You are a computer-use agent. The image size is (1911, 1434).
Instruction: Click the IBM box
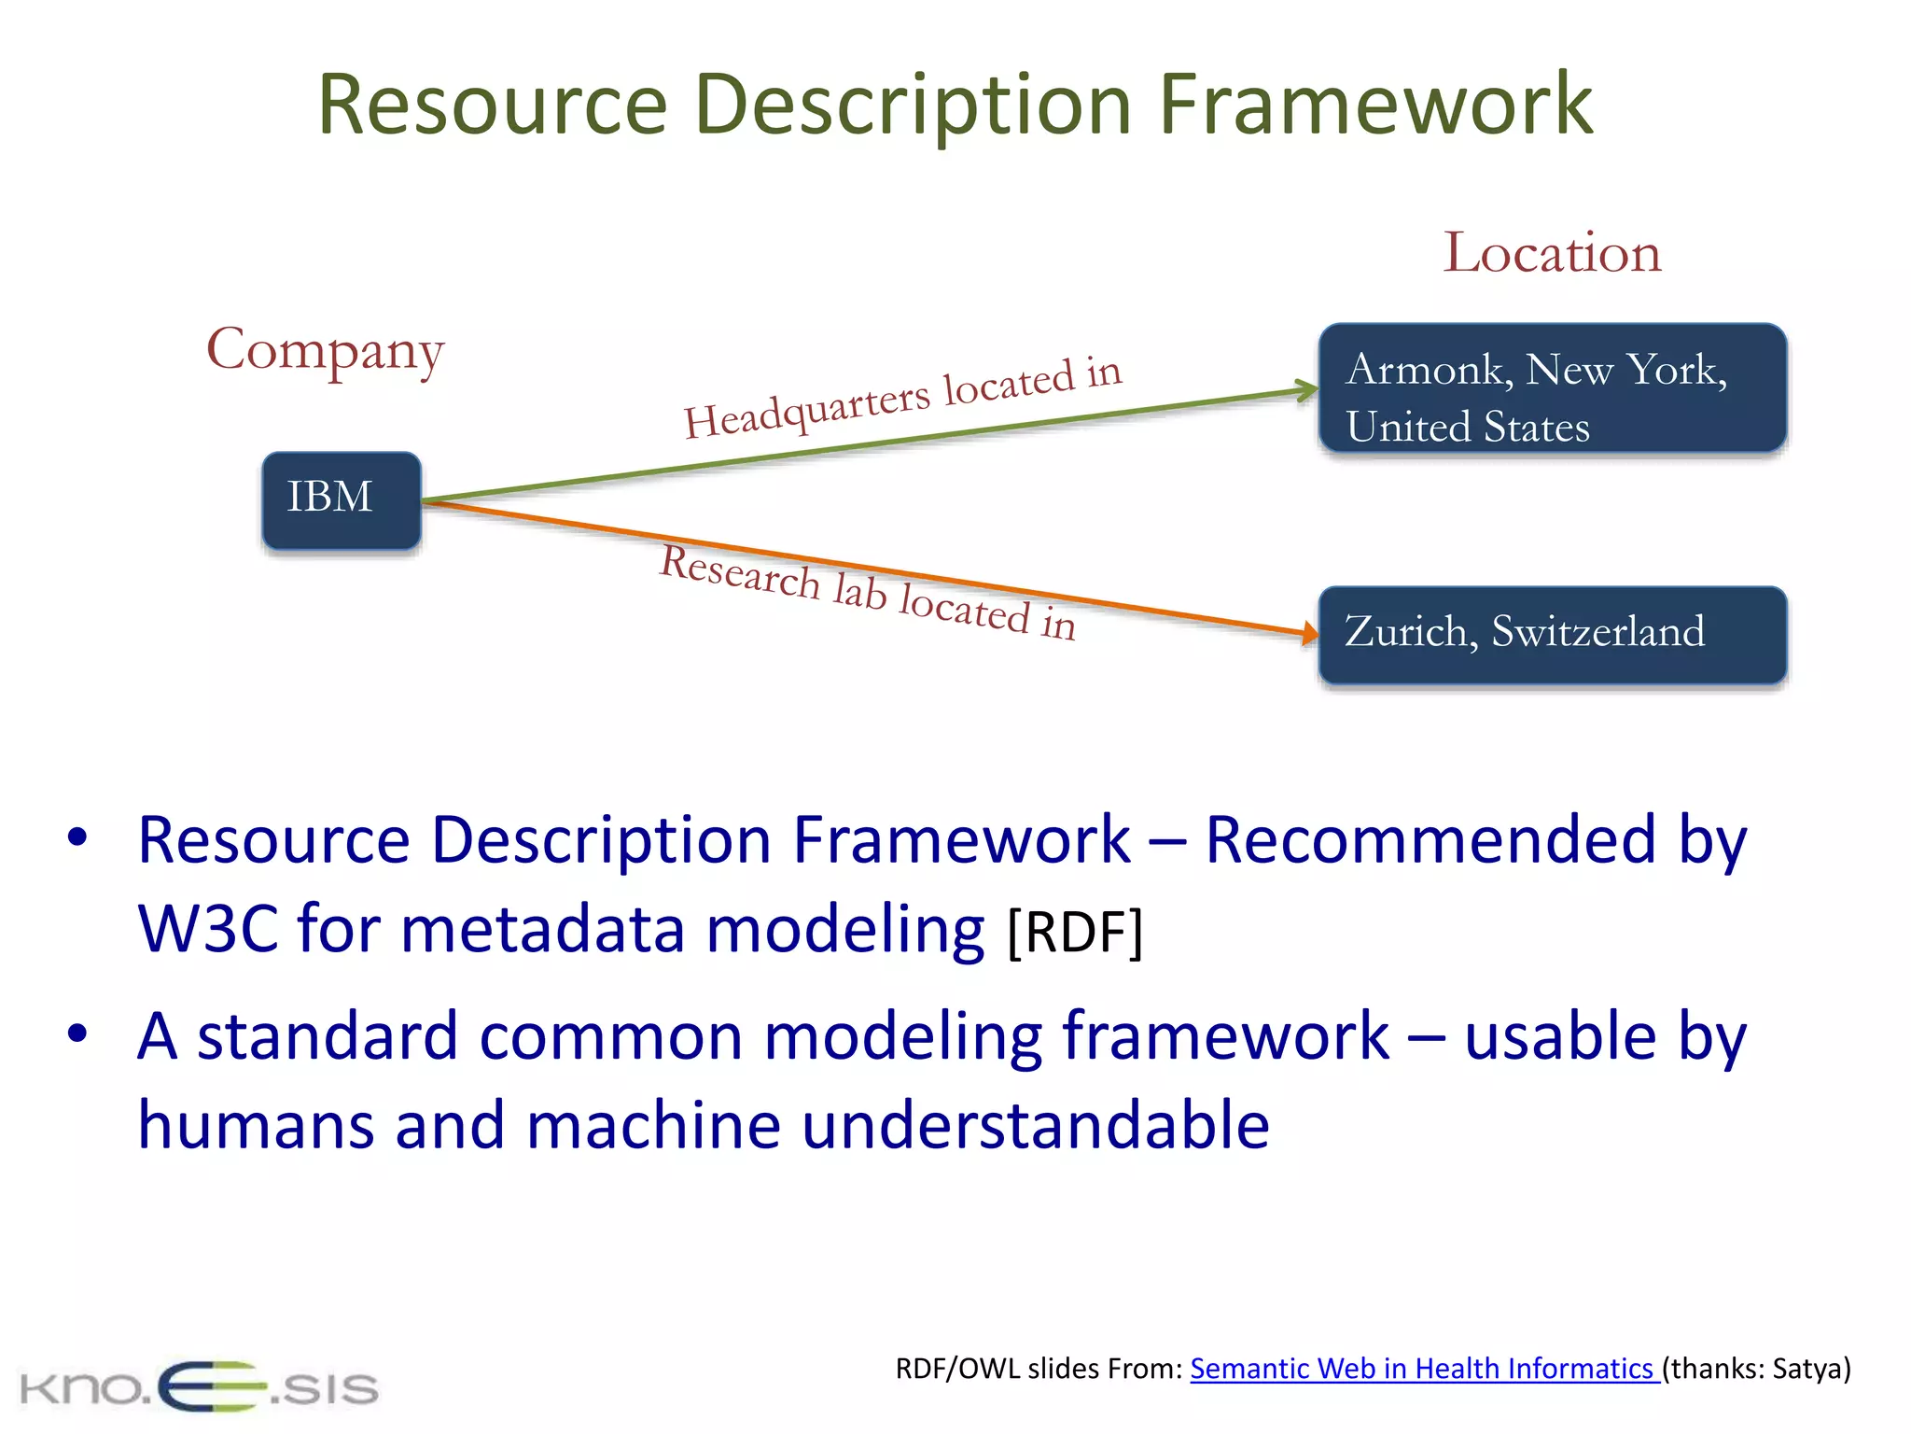tap(342, 499)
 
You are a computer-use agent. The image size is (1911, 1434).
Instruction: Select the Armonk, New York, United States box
tap(1552, 388)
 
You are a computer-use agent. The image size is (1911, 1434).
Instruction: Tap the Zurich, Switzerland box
tap(1552, 634)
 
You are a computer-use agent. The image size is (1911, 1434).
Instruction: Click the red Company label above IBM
tap(325, 350)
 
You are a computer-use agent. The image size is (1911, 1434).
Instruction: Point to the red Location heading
tap(1552, 252)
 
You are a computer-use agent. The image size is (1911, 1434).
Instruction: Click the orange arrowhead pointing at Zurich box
tap(1309, 634)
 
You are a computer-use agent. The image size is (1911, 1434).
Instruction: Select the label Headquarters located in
tap(902, 399)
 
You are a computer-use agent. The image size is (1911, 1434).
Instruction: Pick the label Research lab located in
tap(868, 592)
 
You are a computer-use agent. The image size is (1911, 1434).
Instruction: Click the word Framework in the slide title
tap(1375, 104)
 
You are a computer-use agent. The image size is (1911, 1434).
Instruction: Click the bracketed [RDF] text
tap(1075, 931)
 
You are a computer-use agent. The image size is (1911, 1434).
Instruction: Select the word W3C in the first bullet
tap(207, 929)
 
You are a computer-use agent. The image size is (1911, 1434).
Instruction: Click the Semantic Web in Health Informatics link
tap(1423, 1368)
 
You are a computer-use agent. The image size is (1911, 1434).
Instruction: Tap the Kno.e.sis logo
tap(199, 1387)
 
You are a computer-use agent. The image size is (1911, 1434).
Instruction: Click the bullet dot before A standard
tap(77, 1033)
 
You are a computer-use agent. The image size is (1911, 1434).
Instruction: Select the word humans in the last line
tap(256, 1125)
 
